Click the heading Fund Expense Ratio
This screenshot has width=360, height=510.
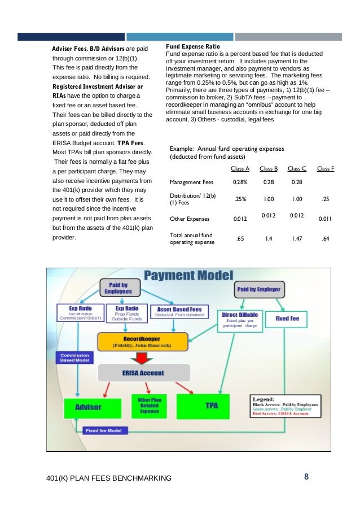point(192,46)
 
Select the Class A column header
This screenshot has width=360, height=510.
point(240,168)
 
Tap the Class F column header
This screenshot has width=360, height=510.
point(325,168)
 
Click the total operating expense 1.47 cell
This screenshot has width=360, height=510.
point(297,239)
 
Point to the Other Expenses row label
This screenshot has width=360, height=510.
point(190,219)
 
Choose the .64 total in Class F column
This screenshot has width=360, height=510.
point(324,239)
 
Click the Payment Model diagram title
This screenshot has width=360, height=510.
point(188,276)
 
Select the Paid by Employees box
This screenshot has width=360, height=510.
point(118,287)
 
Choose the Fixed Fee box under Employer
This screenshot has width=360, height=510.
point(287,319)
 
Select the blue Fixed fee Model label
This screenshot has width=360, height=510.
point(105,430)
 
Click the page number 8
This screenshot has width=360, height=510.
point(306,477)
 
